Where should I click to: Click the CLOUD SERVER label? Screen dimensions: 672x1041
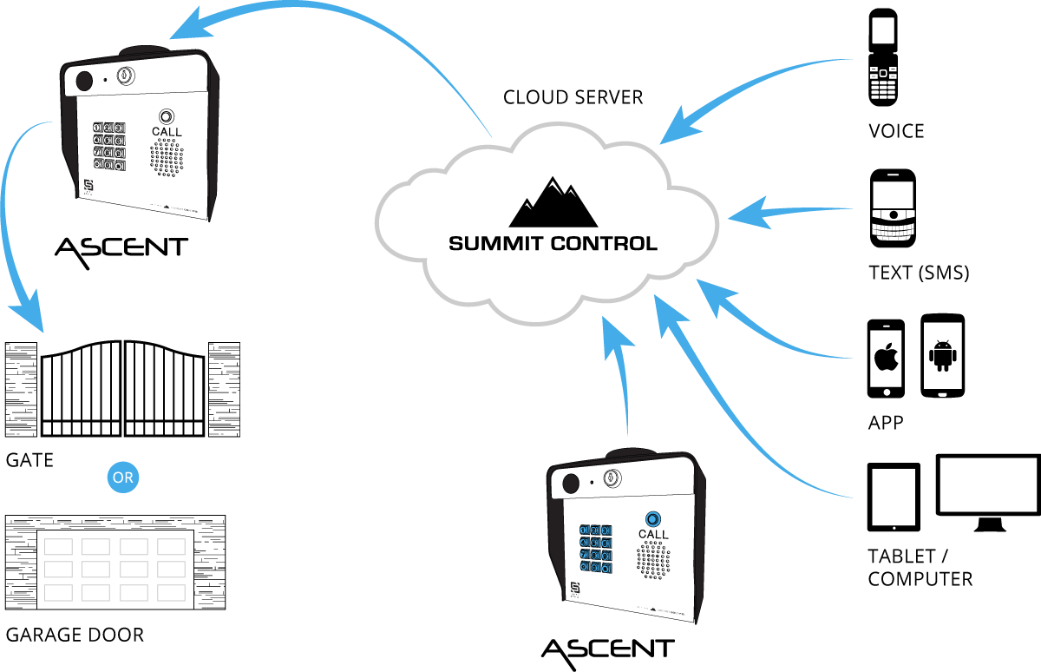coord(573,96)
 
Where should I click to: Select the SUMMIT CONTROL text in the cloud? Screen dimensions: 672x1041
coord(553,243)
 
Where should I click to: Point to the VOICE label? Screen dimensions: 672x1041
coord(896,131)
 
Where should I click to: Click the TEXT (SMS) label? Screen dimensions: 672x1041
coord(918,273)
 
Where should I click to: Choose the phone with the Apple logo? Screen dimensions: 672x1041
coord(886,359)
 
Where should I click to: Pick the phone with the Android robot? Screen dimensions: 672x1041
coord(942,356)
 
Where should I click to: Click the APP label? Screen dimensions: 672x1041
coord(886,423)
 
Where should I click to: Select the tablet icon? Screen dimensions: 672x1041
coord(894,497)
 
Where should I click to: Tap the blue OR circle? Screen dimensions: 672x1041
coord(122,477)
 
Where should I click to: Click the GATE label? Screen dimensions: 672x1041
coord(29,459)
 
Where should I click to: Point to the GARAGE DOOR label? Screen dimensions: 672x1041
coord(75,635)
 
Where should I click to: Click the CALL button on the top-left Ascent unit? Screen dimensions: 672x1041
coord(166,117)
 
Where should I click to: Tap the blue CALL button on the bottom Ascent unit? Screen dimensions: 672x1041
coord(652,518)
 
